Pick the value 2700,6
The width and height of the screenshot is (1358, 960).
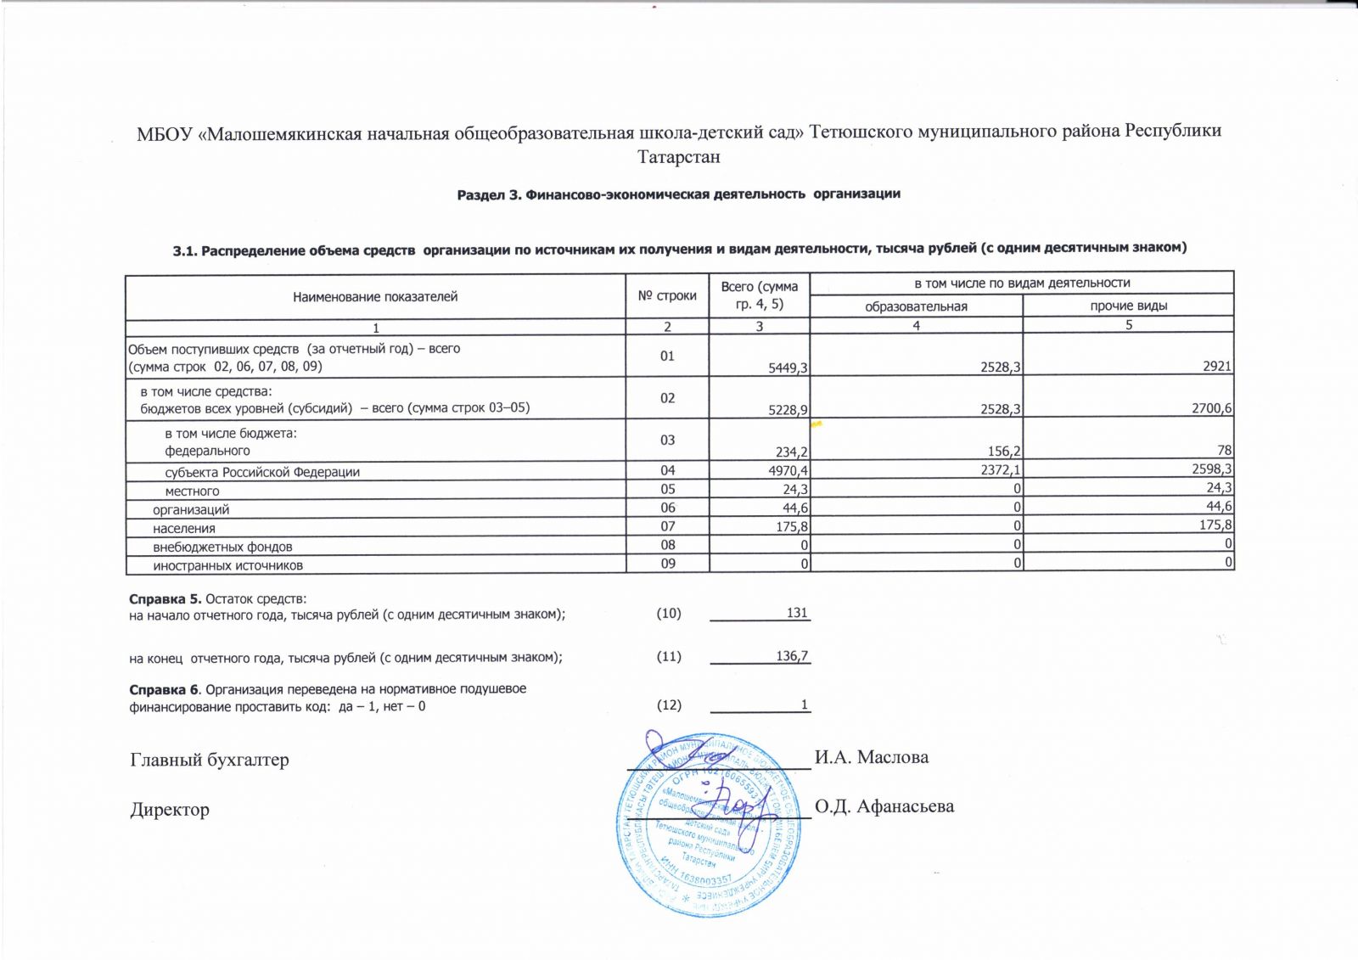(x=1211, y=409)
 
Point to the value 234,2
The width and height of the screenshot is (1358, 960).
(x=791, y=451)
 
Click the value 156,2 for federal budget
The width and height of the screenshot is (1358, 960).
(x=1003, y=451)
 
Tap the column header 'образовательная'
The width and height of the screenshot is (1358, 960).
(x=916, y=306)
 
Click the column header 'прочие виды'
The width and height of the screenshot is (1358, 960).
(x=1128, y=306)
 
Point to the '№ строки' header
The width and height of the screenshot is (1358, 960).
(x=667, y=295)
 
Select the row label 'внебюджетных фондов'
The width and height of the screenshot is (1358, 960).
(x=222, y=547)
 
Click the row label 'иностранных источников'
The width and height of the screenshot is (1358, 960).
(x=227, y=565)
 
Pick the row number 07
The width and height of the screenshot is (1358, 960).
(x=668, y=526)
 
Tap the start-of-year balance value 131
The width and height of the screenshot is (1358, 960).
(x=797, y=612)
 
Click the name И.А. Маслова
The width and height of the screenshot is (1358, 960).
(x=872, y=757)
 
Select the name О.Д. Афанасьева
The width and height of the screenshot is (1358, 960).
(x=884, y=806)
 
